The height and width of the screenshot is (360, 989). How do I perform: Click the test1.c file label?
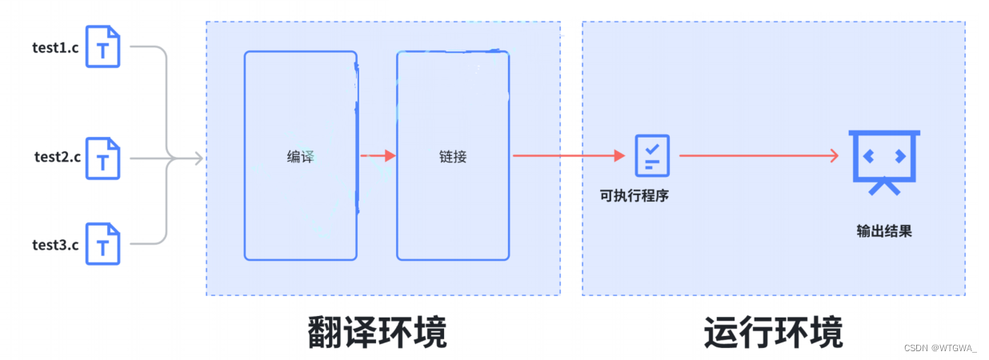[56, 46]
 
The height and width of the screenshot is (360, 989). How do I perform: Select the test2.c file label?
[58, 157]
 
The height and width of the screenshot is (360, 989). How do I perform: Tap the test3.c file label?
[55, 244]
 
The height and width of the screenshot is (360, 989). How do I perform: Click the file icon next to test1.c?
[103, 47]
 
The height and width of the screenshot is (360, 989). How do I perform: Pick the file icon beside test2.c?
[103, 158]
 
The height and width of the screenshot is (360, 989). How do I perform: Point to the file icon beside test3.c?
[103, 244]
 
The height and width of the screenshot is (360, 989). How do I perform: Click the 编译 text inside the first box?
[301, 157]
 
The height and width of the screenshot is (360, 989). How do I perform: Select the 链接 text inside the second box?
[453, 157]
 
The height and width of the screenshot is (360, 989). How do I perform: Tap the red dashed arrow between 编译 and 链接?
[378, 156]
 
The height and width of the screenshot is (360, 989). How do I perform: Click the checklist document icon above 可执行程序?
[652, 155]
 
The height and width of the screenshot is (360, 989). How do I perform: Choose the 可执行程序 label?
[635, 194]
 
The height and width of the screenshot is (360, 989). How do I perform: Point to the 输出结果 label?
[884, 232]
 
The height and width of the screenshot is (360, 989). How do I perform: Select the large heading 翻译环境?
[378, 333]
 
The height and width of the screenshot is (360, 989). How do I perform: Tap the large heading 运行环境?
[774, 333]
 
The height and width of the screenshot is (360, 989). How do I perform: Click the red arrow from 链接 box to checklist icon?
[568, 156]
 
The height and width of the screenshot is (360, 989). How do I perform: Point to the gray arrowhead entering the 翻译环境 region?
[198, 159]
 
